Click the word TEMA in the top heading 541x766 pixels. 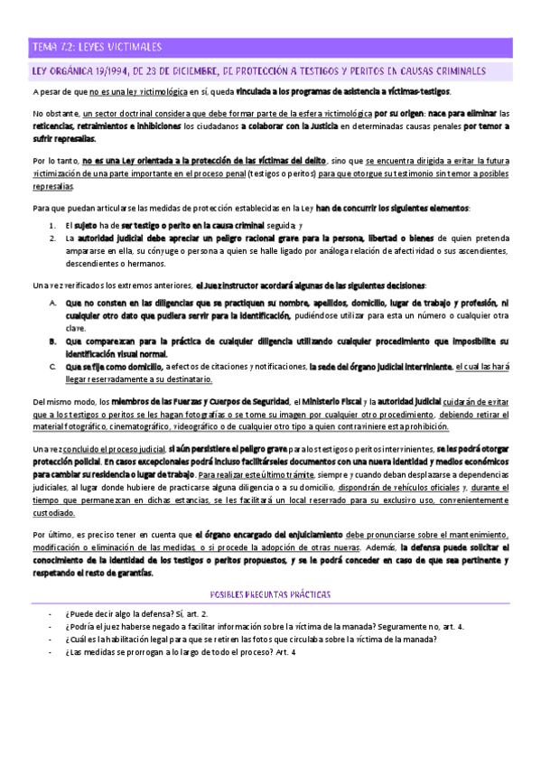[x=44, y=47]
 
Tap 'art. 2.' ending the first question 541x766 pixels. [x=204, y=588]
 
